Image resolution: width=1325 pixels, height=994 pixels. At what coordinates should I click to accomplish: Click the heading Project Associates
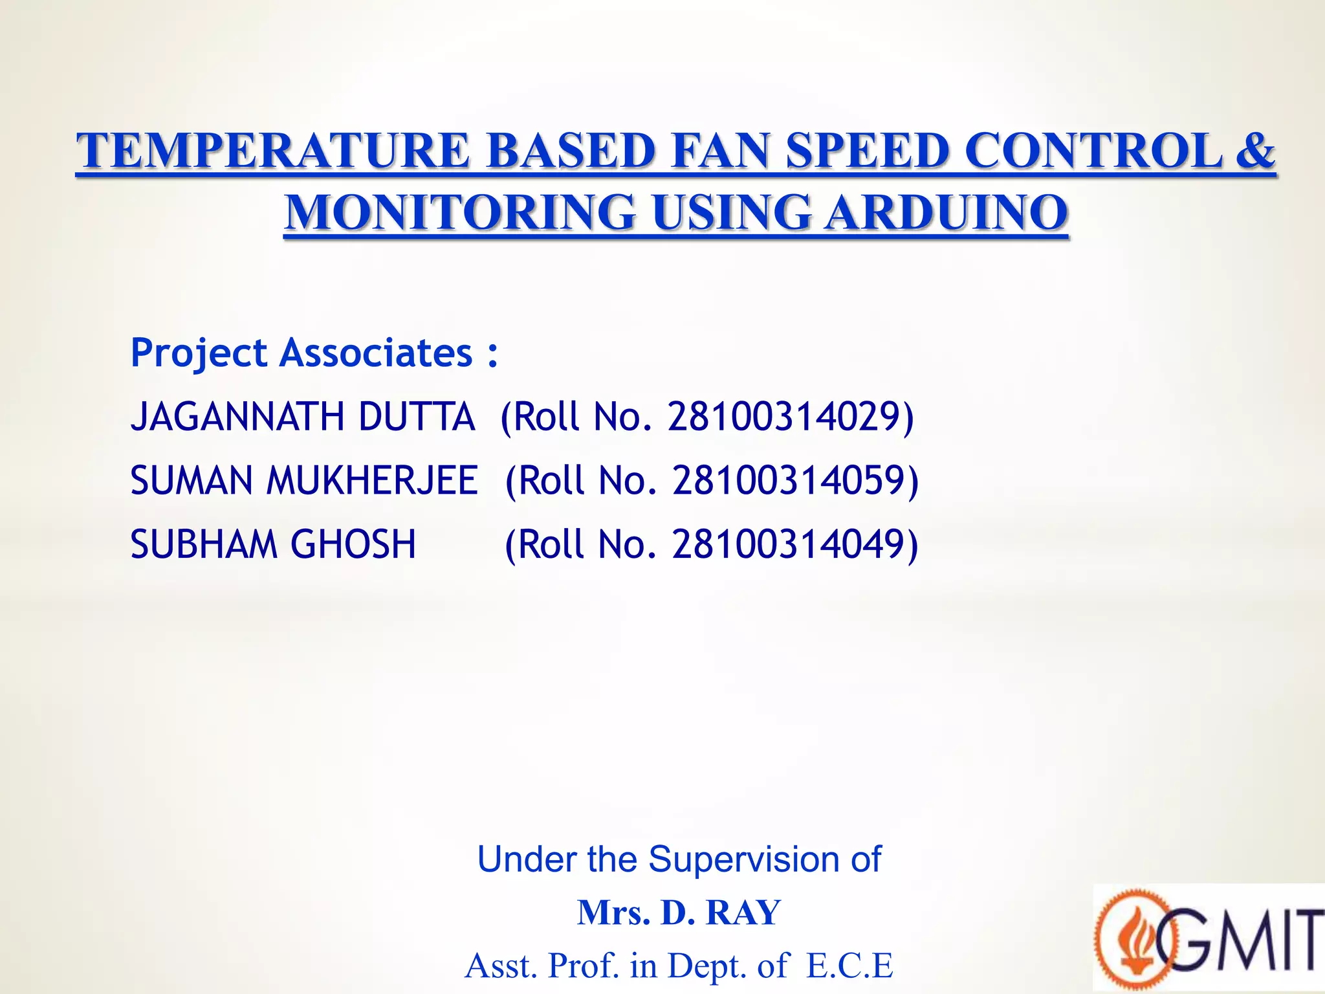(314, 353)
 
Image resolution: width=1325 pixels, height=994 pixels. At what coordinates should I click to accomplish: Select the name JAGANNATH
(237, 416)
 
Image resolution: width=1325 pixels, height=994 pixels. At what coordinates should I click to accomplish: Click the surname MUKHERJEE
(372, 480)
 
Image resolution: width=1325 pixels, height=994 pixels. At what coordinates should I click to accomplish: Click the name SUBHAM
(203, 544)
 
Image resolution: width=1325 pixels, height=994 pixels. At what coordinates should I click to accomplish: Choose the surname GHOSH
(353, 544)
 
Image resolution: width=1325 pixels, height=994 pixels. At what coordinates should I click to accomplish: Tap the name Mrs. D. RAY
(679, 912)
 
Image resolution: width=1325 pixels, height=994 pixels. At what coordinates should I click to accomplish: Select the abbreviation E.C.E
(849, 965)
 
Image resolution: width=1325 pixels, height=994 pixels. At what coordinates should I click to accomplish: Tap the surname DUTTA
(417, 416)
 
